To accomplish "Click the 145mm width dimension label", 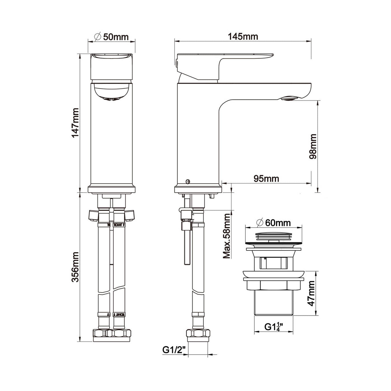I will pyautogui.click(x=243, y=37).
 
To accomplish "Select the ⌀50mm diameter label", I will pyautogui.click(x=112, y=37).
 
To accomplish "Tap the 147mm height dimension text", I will pyautogui.click(x=75, y=123).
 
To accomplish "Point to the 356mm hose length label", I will pyautogui.click(x=75, y=267).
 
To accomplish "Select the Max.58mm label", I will pyautogui.click(x=227, y=236).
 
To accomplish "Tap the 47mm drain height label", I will pyautogui.click(x=311, y=293).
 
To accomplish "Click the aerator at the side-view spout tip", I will pyautogui.click(x=289, y=98).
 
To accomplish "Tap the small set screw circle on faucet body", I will pyautogui.click(x=187, y=181).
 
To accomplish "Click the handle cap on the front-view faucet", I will pyautogui.click(x=112, y=66).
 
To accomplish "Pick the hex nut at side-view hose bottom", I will pyautogui.click(x=198, y=333).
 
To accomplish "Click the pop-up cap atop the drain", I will pyautogui.click(x=273, y=236).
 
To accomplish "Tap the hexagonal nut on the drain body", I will pyautogui.click(x=273, y=285).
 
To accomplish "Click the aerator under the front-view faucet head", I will pyautogui.click(x=111, y=99).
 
